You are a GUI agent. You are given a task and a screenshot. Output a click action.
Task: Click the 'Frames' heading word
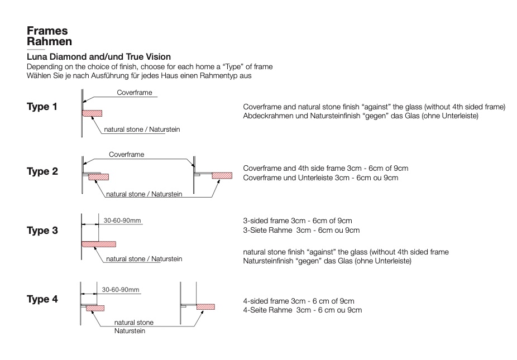click(x=47, y=31)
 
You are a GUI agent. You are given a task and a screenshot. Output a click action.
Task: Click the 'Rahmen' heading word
click(x=50, y=41)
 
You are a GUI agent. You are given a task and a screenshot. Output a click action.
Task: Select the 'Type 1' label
click(x=42, y=107)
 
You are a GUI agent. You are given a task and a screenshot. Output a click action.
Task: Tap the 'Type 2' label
click(x=42, y=171)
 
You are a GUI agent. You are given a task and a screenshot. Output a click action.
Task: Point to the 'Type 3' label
click(x=42, y=231)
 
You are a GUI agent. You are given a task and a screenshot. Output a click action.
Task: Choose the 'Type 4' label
click(x=42, y=299)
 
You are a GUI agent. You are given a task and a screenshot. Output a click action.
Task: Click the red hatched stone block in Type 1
click(x=92, y=113)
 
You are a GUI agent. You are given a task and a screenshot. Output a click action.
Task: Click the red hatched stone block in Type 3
click(x=99, y=244)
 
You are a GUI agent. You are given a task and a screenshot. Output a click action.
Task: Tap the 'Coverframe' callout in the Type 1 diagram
click(x=135, y=93)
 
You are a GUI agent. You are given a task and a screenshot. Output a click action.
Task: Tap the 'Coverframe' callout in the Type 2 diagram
click(x=127, y=154)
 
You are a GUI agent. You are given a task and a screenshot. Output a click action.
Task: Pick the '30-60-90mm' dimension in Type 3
click(x=122, y=220)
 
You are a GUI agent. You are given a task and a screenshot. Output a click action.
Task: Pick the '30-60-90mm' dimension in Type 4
click(x=121, y=290)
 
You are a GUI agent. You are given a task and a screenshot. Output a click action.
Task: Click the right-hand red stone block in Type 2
click(x=222, y=175)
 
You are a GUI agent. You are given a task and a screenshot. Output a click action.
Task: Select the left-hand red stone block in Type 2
click(x=99, y=177)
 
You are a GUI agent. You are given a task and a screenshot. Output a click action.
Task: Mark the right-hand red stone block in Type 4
click(x=206, y=307)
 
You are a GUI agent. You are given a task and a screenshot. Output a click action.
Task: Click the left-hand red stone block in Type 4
click(x=95, y=308)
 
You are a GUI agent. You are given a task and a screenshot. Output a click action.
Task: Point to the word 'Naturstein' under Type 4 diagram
click(x=130, y=331)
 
